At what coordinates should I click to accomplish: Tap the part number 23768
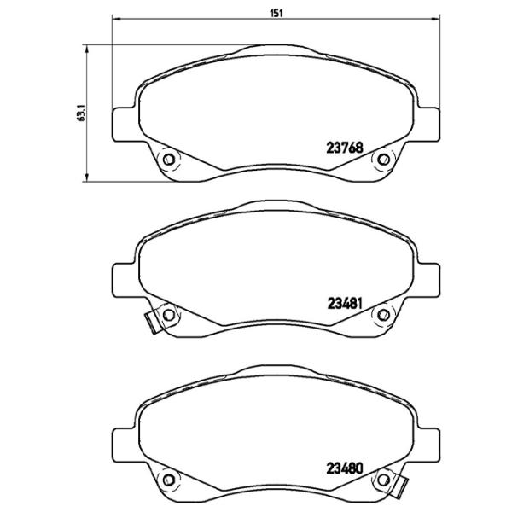coord(346,146)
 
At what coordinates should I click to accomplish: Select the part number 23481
coord(346,302)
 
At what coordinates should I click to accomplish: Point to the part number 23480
coord(346,467)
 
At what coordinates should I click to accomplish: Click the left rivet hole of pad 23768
coord(168,159)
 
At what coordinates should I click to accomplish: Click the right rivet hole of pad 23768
coord(383,159)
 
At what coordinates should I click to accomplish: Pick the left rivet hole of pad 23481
coord(168,315)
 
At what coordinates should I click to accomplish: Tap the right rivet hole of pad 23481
coord(383,315)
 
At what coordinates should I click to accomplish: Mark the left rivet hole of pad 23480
coord(168,479)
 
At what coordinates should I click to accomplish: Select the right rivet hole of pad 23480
coord(383,479)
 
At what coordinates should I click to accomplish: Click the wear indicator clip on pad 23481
coord(151,323)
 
